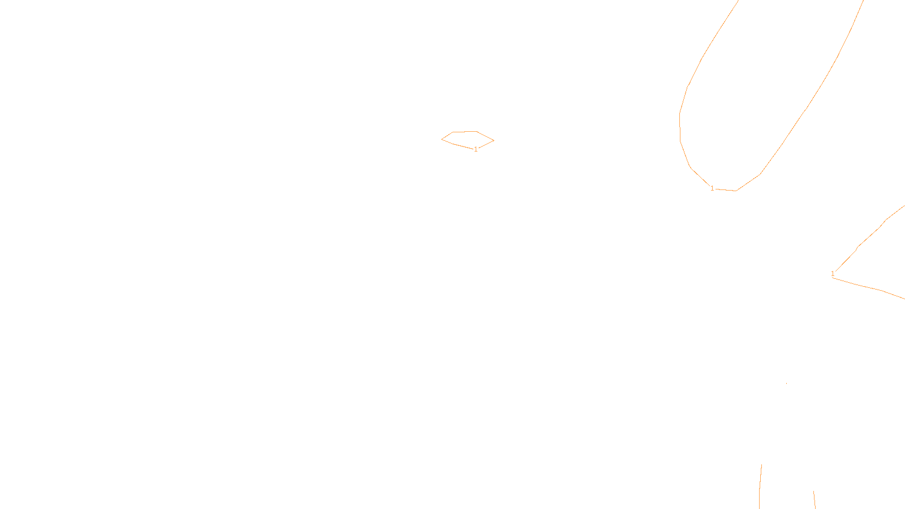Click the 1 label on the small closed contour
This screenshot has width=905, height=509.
click(x=476, y=149)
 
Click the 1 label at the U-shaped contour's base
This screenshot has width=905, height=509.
click(x=712, y=188)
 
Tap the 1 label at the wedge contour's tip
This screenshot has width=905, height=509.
click(x=833, y=274)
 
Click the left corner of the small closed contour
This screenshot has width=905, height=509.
click(x=442, y=139)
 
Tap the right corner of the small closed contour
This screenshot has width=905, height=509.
click(x=493, y=140)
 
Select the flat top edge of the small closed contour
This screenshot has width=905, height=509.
click(x=464, y=132)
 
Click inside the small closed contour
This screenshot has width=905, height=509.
click(x=467, y=139)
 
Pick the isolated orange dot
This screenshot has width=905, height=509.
click(x=786, y=383)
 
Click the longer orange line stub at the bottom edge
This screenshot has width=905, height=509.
click(x=760, y=486)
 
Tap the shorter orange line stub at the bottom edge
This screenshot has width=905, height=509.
click(x=814, y=500)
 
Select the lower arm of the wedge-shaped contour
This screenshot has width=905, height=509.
click(x=865, y=286)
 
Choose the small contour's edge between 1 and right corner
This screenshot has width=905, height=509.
click(x=486, y=144)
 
